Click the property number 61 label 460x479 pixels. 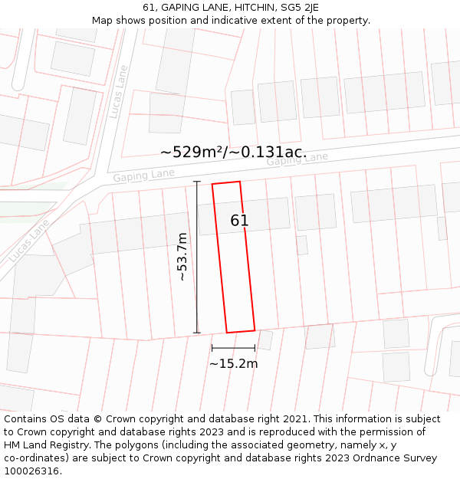(x=239, y=221)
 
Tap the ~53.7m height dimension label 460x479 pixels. (x=182, y=257)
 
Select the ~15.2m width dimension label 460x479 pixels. (x=233, y=363)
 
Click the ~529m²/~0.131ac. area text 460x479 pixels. (x=233, y=152)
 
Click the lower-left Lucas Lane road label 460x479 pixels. (x=29, y=240)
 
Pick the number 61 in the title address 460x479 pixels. (x=149, y=8)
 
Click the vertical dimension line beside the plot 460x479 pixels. (x=197, y=257)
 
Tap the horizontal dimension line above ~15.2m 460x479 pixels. (x=233, y=348)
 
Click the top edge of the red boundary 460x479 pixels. (x=226, y=182)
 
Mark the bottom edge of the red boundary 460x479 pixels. (x=241, y=331)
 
